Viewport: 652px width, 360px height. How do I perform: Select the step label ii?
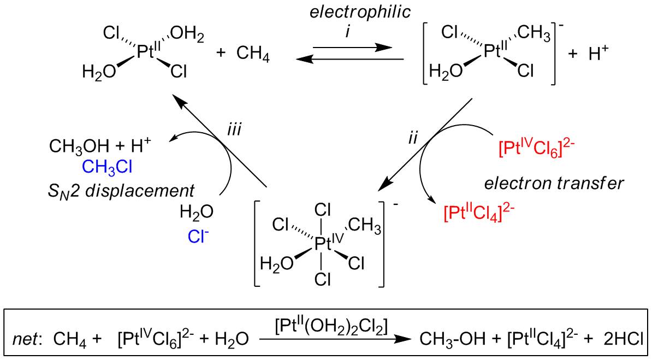(x=413, y=137)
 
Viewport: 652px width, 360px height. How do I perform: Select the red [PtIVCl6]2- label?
(x=537, y=147)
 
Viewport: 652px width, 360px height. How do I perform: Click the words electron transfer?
(x=564, y=183)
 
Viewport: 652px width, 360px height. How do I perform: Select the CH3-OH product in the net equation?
(x=457, y=339)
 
